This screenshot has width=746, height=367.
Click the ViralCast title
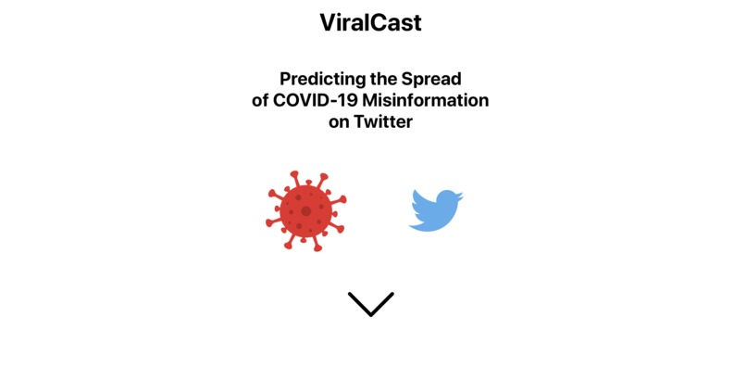(x=370, y=23)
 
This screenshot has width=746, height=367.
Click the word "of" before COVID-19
(x=260, y=100)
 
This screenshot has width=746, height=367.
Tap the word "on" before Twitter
(x=339, y=121)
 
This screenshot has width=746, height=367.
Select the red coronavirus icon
(x=305, y=211)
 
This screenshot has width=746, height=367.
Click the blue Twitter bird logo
(x=435, y=210)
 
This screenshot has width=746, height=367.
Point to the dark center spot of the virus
(x=305, y=211)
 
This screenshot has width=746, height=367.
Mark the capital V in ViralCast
(x=328, y=23)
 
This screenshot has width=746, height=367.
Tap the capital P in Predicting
(x=285, y=79)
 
